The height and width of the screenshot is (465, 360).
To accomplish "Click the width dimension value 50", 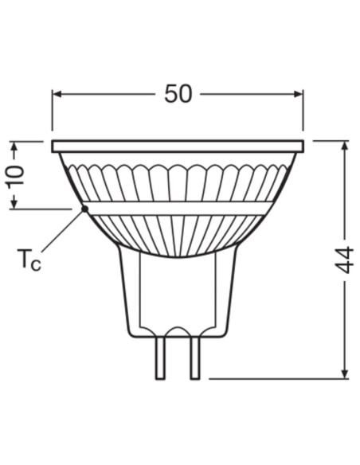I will [178, 93].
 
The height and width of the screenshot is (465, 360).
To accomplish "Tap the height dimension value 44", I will [344, 260].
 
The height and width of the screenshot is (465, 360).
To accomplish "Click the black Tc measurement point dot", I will [84, 209].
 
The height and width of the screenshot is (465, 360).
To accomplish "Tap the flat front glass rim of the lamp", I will [178, 147].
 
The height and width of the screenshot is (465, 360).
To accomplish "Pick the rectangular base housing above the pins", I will [178, 295].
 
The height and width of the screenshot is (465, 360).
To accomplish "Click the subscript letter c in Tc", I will [36, 264].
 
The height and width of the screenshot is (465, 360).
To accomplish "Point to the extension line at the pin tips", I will [271, 377].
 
